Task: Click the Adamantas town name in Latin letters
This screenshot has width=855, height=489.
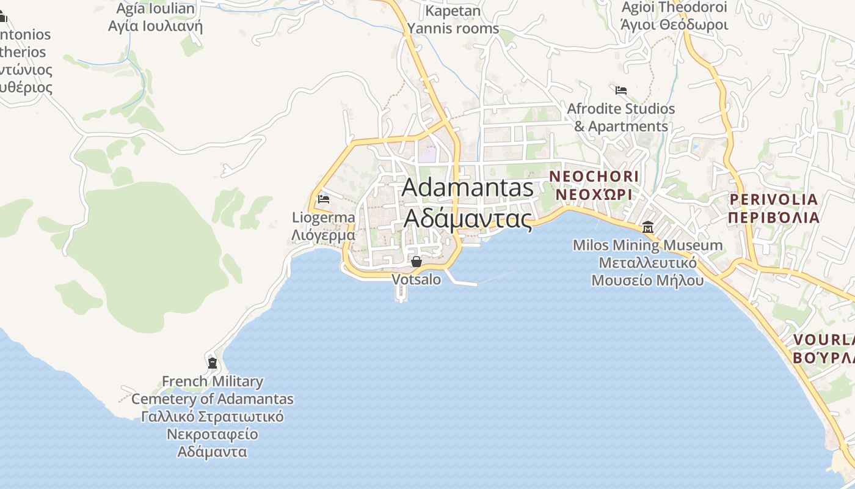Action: tap(467, 188)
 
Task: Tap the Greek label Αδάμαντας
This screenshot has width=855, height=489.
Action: tap(467, 218)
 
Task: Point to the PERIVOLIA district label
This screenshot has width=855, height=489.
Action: tap(773, 199)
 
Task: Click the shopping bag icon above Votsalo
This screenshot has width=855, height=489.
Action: tap(417, 262)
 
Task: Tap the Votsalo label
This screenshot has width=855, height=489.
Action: tap(416, 279)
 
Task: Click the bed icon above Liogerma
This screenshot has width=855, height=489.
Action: tap(324, 199)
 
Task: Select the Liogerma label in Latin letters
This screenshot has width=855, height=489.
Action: tap(323, 218)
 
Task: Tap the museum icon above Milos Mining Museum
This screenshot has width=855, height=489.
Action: tap(647, 227)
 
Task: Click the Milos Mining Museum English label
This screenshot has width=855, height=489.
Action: tap(647, 246)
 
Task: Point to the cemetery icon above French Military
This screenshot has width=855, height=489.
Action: tap(213, 363)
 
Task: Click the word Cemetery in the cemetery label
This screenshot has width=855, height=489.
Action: tap(164, 399)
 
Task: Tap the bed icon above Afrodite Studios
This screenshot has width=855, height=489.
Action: tap(621, 90)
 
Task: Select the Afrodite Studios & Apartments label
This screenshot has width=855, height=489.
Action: tap(621, 117)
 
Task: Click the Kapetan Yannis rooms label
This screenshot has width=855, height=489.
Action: tap(453, 20)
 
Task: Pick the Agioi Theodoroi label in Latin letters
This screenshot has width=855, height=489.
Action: tap(674, 7)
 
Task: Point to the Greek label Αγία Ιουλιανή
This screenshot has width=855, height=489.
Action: tap(155, 26)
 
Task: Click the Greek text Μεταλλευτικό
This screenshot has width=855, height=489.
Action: tap(647, 263)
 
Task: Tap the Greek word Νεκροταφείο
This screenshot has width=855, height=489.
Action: tap(213, 435)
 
